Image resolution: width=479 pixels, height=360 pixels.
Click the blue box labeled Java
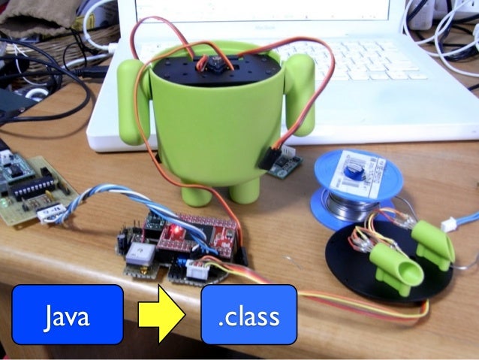[67, 314]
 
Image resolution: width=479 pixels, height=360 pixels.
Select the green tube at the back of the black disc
[431, 241]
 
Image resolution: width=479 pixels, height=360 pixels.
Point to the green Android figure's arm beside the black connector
[300, 98]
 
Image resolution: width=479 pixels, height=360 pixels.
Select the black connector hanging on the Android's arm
[270, 158]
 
